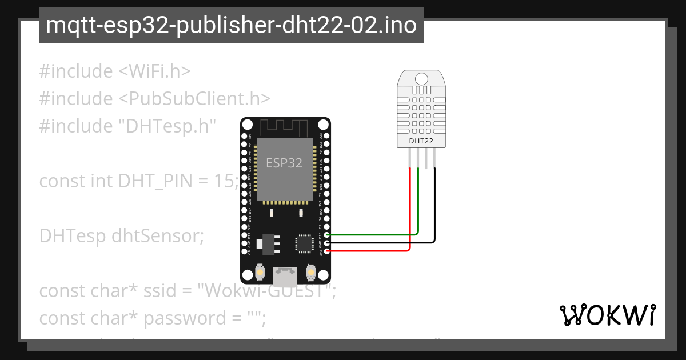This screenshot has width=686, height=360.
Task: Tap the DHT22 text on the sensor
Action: pyautogui.click(x=421, y=140)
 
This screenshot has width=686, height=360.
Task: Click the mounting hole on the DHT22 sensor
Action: pyautogui.click(x=421, y=78)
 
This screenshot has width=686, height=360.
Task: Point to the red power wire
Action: pyautogui.click(x=372, y=251)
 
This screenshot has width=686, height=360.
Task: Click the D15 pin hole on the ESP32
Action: pyautogui.click(x=326, y=235)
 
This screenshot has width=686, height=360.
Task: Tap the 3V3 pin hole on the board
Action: pyautogui.click(x=326, y=251)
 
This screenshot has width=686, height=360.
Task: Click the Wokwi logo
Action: pyautogui.click(x=608, y=315)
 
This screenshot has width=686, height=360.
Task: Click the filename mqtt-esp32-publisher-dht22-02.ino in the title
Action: pyautogui.click(x=231, y=26)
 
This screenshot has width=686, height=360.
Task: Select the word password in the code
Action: pyautogui.click(x=185, y=318)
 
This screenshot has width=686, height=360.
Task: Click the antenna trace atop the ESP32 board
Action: pyautogui.click(x=285, y=126)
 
